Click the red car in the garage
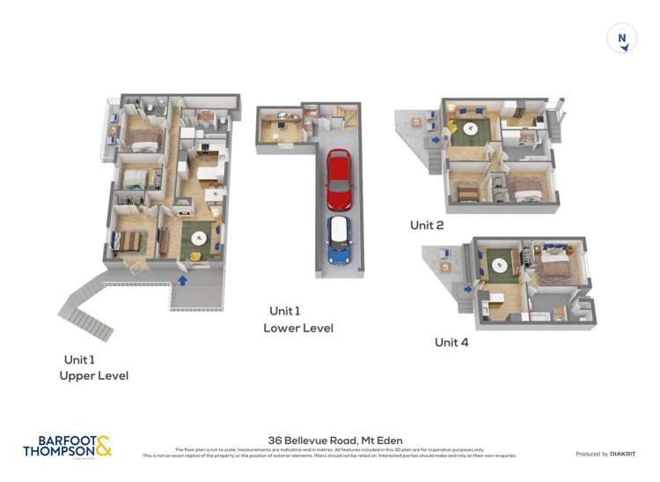[339, 179]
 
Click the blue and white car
[339, 240]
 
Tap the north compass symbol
[622, 38]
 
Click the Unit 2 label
[427, 226]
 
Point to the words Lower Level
[298, 329]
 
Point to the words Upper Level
[93, 375]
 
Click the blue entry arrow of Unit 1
[183, 280]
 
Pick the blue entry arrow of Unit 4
[467, 286]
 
